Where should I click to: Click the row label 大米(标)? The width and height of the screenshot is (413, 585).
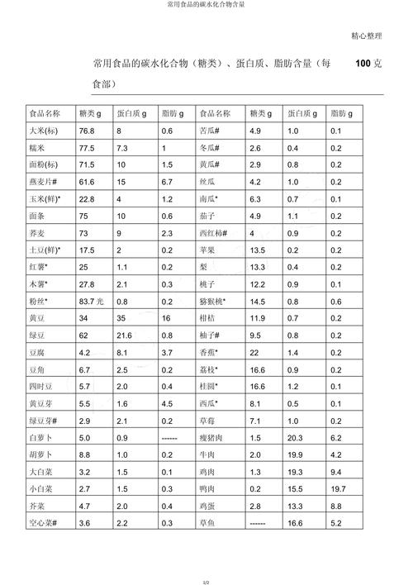click(x=42, y=131)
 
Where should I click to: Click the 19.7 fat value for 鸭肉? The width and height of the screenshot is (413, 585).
click(x=338, y=488)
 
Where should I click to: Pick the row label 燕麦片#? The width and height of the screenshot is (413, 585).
click(x=43, y=181)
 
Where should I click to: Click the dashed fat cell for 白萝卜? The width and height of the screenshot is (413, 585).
click(x=170, y=437)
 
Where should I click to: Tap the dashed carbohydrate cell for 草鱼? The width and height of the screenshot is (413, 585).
click(x=257, y=523)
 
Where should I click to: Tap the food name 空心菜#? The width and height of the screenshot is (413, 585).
click(x=44, y=523)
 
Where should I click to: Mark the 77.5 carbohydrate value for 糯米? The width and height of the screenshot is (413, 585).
click(x=87, y=148)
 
